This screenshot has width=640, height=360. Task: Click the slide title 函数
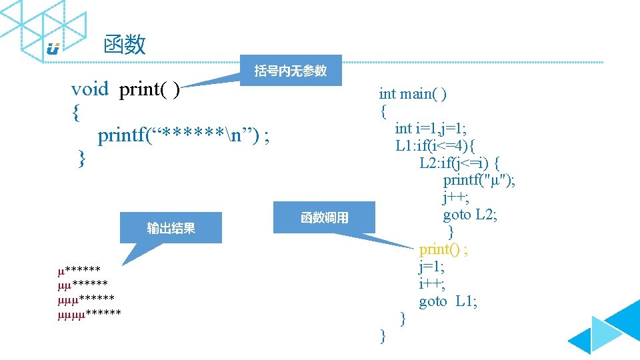(125, 45)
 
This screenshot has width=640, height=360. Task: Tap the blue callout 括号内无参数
(291, 71)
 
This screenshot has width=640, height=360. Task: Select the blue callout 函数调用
(324, 217)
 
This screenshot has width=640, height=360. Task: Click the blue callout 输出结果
(171, 228)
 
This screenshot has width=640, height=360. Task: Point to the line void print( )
(125, 89)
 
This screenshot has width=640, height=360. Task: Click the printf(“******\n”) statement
(183, 136)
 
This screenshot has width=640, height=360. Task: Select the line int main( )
(413, 94)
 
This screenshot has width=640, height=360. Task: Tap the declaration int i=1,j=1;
(439, 128)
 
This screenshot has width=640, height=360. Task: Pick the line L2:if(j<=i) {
(460, 163)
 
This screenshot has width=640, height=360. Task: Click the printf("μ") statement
(479, 180)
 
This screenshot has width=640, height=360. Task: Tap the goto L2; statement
(469, 215)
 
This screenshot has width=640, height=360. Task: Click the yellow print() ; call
(443, 249)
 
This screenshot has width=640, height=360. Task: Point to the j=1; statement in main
(431, 267)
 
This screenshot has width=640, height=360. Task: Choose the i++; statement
(432, 284)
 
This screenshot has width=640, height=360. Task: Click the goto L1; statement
(448, 301)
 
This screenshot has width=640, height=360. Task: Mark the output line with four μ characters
(89, 312)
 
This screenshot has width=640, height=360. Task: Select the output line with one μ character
(79, 270)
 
